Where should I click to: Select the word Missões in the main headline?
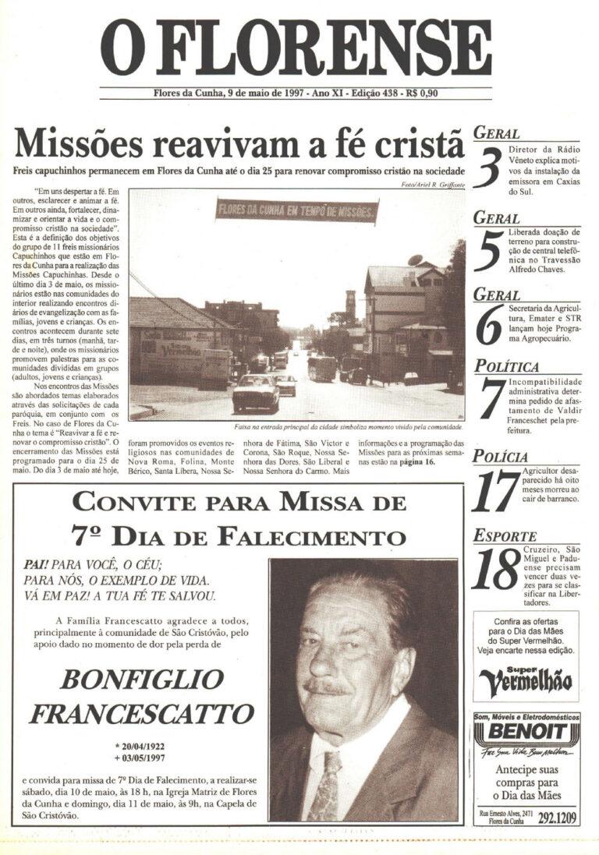click(x=77, y=144)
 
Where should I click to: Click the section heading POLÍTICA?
click(x=506, y=366)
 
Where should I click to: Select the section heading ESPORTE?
click(x=505, y=536)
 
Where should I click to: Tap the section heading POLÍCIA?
click(x=501, y=457)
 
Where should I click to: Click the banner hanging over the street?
click(x=297, y=210)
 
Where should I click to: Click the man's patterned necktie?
click(x=323, y=783)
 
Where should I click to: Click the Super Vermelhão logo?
click(x=525, y=680)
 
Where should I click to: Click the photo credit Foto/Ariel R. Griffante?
click(x=431, y=184)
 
